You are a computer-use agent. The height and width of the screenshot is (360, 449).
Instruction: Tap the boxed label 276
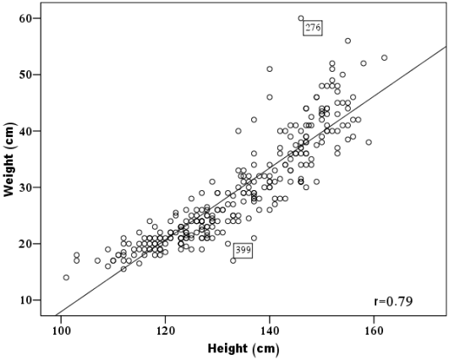coord(313,29)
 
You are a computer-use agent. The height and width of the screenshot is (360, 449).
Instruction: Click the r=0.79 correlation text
coord(393,300)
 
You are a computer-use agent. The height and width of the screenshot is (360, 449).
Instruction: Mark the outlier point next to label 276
coord(300,18)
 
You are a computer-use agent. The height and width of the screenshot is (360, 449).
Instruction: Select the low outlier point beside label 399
coord(233,260)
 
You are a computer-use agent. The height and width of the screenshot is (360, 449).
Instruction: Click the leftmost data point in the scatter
coord(66,277)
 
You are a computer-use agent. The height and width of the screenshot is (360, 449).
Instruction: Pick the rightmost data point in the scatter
coord(384,57)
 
